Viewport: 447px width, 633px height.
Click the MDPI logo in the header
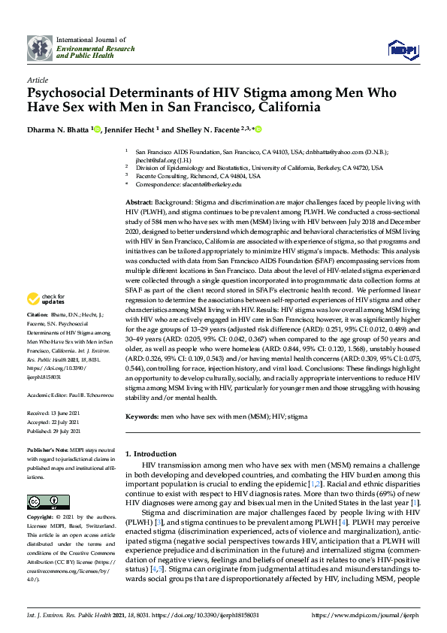tap(401, 50)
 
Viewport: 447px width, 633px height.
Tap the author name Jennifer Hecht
tap(131, 129)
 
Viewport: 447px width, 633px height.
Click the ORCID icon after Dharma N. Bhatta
tap(98, 129)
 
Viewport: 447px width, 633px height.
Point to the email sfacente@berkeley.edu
tap(216, 183)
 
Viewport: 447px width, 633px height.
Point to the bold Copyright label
tap(40, 517)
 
